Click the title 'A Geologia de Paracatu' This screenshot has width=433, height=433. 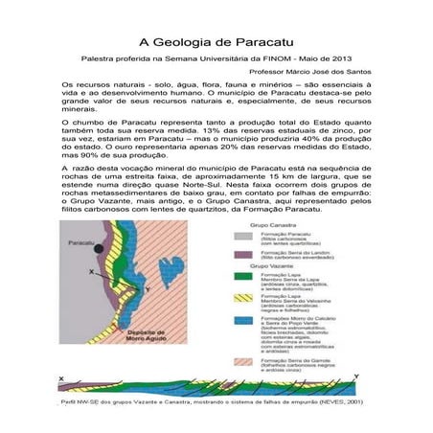tap(216, 43)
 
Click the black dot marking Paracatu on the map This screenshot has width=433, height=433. tap(99, 248)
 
